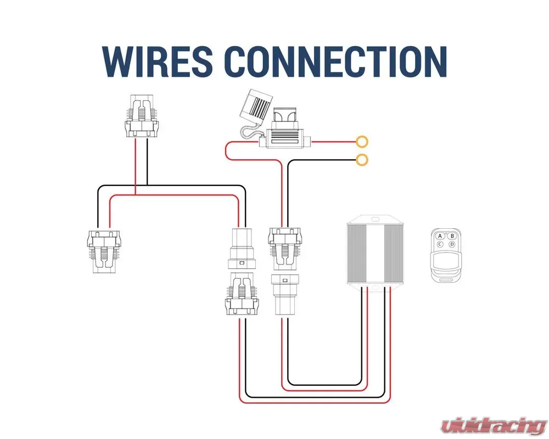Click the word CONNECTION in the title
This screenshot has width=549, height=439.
pyautogui.click(x=337, y=61)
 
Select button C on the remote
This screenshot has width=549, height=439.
pyautogui.click(x=440, y=245)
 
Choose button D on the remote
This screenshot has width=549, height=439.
pyautogui.click(x=452, y=245)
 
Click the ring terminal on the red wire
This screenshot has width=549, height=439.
pyautogui.click(x=362, y=142)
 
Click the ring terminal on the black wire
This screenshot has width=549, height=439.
pyautogui.click(x=362, y=160)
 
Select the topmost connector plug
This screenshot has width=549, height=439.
pyautogui.click(x=141, y=117)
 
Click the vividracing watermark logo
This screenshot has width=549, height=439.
pyautogui.click(x=494, y=425)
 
